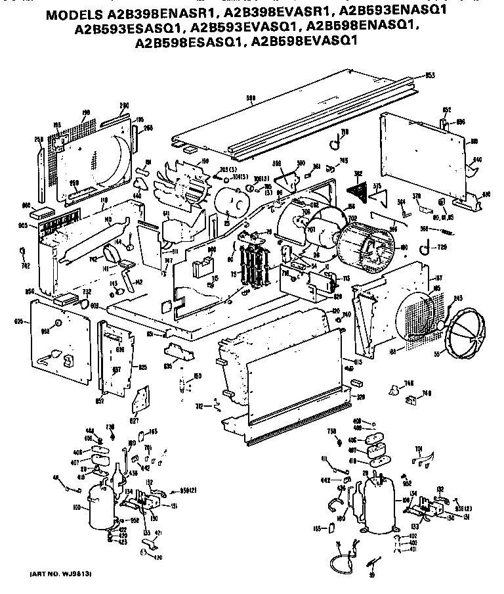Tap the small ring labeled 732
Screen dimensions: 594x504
click(x=84, y=302)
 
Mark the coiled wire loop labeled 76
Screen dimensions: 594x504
click(x=339, y=562)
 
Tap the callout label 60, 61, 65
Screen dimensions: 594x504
click(x=446, y=217)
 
